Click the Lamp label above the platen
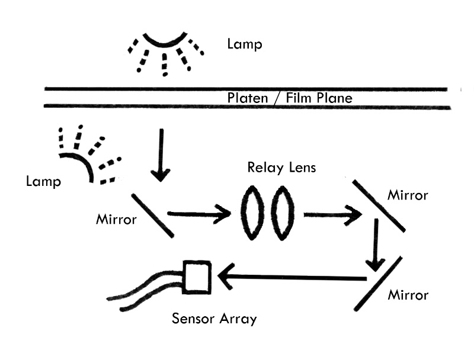tap(244, 44)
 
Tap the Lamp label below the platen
tap(43, 181)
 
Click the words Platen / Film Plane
tap(290, 98)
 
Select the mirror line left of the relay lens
tap(152, 215)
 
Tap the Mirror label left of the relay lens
tap(116, 220)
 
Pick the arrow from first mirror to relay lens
tap(198, 214)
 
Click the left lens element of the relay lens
tap(252, 213)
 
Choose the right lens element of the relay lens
tap(283, 213)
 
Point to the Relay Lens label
tap(281, 168)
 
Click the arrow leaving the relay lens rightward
tap(332, 214)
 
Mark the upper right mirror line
tap(379, 205)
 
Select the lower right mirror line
tap(378, 284)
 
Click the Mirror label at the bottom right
tap(408, 294)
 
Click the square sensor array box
tap(197, 277)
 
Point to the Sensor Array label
tap(214, 319)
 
